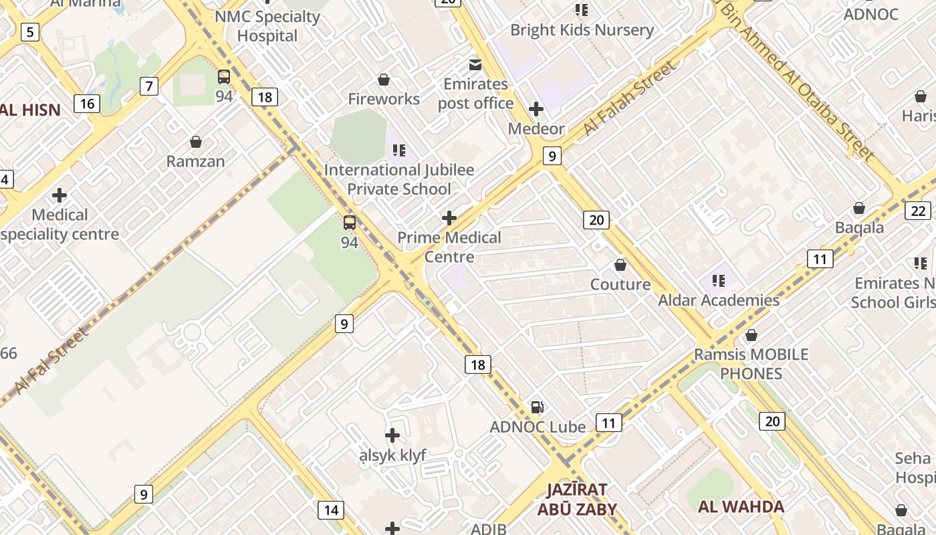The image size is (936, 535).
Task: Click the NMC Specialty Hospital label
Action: tap(267, 26)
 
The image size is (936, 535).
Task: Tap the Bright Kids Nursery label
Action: tap(582, 30)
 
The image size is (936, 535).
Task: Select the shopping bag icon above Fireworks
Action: tap(384, 80)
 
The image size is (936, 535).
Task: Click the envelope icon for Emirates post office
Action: tap(475, 65)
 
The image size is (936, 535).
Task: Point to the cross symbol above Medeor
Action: tap(536, 108)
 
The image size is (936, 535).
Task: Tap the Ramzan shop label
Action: tap(195, 161)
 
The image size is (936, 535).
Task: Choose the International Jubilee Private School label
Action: tap(399, 179)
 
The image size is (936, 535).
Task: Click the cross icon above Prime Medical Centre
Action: tap(449, 218)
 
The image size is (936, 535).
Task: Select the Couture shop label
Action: tap(620, 284)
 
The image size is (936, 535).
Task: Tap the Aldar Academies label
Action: tap(719, 300)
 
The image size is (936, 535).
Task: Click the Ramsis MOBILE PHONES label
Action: tap(751, 363)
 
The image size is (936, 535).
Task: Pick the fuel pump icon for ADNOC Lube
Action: tap(537, 407)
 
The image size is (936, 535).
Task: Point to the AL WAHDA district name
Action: tap(741, 506)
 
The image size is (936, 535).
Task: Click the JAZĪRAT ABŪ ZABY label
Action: tap(577, 499)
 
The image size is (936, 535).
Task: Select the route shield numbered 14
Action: tap(331, 510)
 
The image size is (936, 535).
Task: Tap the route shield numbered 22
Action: tap(918, 211)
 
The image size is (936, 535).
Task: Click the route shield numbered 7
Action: tap(149, 86)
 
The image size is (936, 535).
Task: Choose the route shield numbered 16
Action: tap(87, 103)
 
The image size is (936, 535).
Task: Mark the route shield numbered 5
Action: tap(30, 31)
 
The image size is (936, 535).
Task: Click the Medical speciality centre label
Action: tap(60, 225)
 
